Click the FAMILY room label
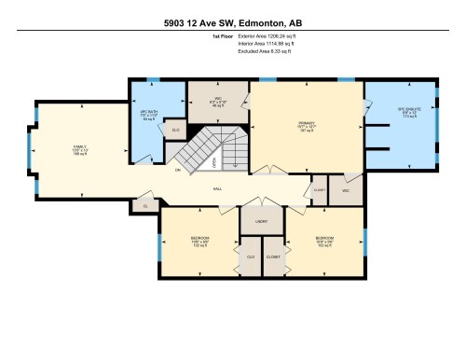pos(80,147)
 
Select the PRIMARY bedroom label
pos(307,123)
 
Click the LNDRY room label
pos(261,222)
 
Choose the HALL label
pos(216,188)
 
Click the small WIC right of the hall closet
pos(345,190)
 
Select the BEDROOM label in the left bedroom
pos(200,239)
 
